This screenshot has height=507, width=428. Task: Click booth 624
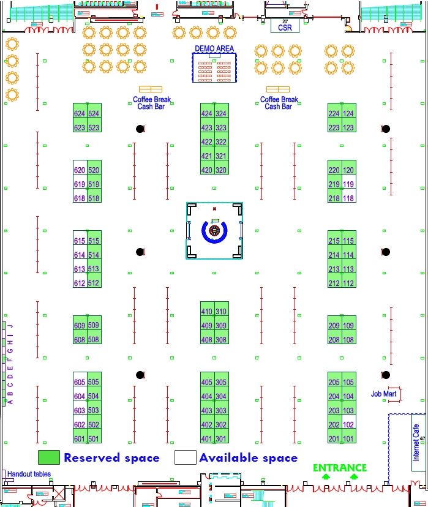point(80,114)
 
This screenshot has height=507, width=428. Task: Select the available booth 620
point(80,170)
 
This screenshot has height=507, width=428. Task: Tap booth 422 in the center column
point(207,142)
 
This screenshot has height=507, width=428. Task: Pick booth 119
point(348,184)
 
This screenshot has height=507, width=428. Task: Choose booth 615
point(80,241)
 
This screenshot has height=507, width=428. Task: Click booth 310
point(221,312)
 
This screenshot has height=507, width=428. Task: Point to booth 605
point(80,382)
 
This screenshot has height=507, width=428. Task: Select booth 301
point(221,438)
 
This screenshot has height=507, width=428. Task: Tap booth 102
point(348,424)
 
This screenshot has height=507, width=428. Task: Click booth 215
point(334,241)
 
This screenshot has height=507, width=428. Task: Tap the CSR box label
point(285,27)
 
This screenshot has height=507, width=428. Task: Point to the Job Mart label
point(383,394)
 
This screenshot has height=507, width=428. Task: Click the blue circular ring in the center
point(214,231)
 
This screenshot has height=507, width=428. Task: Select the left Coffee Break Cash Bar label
point(152,103)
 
